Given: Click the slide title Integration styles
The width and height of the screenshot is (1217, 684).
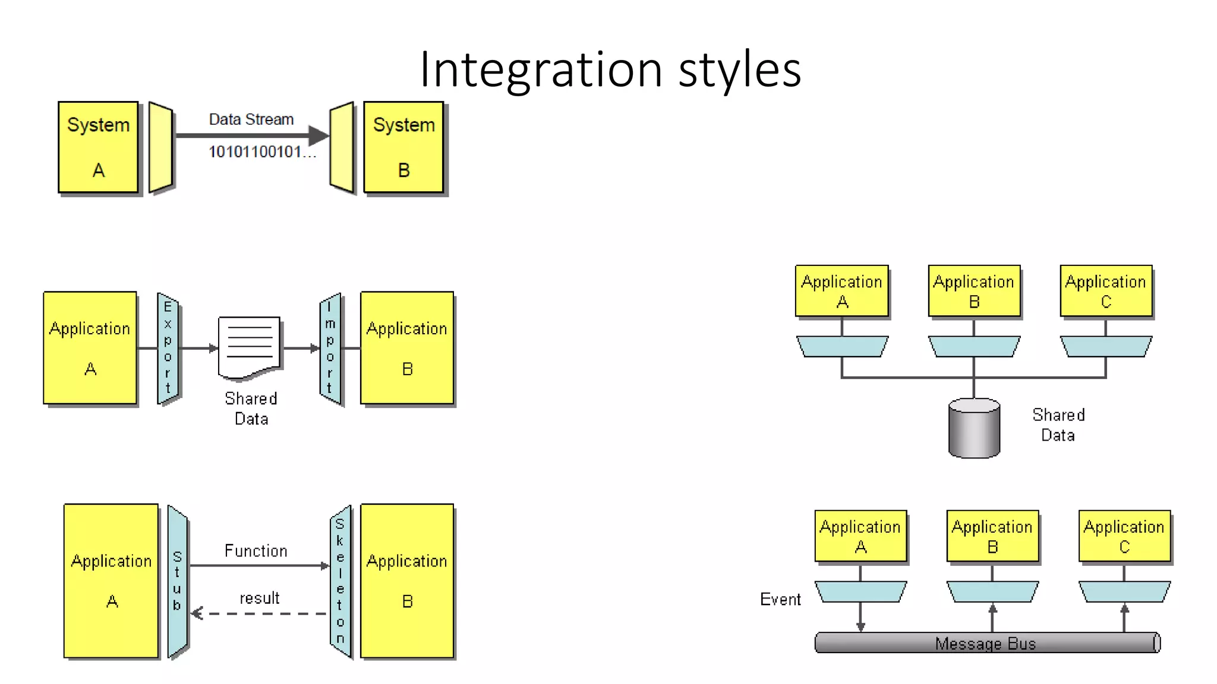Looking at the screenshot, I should click(x=610, y=69).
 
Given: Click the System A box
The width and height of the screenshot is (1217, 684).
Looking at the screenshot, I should click(x=98, y=147).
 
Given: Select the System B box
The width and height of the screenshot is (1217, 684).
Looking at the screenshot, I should click(x=403, y=147).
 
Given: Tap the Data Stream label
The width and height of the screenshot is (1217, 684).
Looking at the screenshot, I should click(x=251, y=119).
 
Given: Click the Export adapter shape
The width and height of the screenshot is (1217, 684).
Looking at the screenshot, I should click(x=168, y=348).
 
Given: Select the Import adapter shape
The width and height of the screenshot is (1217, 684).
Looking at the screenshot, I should click(x=330, y=349).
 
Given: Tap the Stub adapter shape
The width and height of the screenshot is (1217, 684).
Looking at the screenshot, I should click(x=177, y=581).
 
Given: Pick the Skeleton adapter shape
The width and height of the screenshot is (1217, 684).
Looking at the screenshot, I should click(x=340, y=581).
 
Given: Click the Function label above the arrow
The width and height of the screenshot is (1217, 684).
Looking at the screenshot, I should click(x=256, y=551).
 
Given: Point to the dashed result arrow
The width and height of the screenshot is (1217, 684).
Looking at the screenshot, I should click(x=259, y=613).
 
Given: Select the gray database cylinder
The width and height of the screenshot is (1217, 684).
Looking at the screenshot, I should click(x=974, y=429).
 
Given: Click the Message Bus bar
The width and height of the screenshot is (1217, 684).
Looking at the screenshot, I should click(x=986, y=643).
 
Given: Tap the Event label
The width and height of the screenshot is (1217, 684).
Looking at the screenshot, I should click(x=780, y=599).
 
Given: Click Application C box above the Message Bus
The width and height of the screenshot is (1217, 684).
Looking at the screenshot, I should click(x=1124, y=536).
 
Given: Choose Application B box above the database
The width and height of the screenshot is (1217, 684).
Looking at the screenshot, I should click(x=974, y=291).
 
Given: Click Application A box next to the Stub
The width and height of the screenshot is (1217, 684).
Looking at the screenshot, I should click(x=111, y=580).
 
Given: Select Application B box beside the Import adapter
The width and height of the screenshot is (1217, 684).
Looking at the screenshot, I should click(x=407, y=348).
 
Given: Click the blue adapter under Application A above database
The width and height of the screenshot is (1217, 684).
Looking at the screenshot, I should click(x=842, y=347).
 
